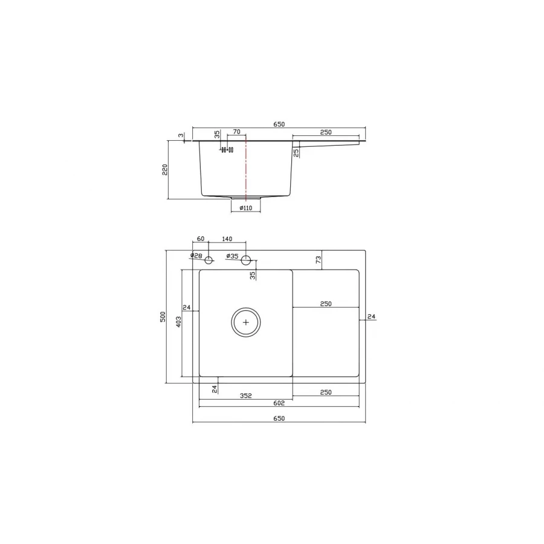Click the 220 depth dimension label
point(164,169)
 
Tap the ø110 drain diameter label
point(245,208)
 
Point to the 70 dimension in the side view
point(236,132)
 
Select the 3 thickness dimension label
point(180,136)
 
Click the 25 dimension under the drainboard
point(296,152)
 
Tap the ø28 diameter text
point(196,256)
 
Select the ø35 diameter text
point(232,256)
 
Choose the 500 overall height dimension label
point(163,317)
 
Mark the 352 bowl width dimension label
point(245,396)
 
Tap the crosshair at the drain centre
point(245,322)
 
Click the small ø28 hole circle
point(209,261)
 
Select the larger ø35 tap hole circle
point(246,261)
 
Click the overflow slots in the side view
point(227,149)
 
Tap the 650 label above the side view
point(279,124)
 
